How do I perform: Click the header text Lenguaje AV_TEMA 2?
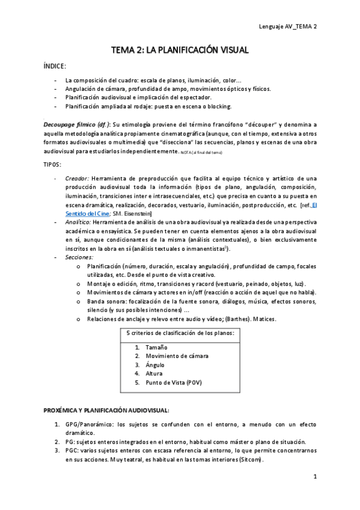pyautogui.click(x=287, y=26)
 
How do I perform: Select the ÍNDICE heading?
pyautogui.click(x=55, y=65)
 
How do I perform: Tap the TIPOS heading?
pyautogui.click(x=53, y=164)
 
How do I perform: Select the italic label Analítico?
pyautogui.click(x=78, y=222)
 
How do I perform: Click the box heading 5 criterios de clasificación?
pyautogui.click(x=180, y=333)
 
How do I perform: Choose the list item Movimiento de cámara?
pyautogui.click(x=177, y=356)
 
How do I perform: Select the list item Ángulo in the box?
pyautogui.click(x=154, y=364)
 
